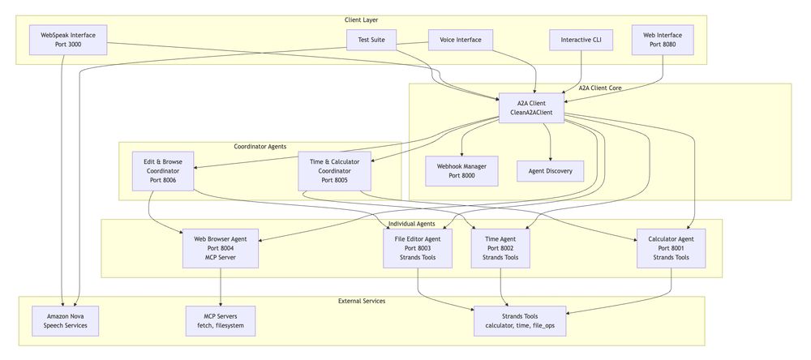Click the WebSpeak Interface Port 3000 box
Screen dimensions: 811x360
pyautogui.click(x=68, y=40)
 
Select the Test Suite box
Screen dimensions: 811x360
pyautogui.click(x=371, y=40)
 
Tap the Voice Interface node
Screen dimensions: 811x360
pyautogui.click(x=461, y=40)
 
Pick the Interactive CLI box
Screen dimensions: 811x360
pyautogui.click(x=581, y=40)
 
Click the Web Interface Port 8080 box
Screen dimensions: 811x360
pyautogui.click(x=663, y=40)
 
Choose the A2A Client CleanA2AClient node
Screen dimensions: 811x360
pyautogui.click(x=531, y=108)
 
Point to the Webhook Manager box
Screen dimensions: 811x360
pyautogui.click(x=461, y=171)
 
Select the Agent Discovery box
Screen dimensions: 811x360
pyautogui.click(x=551, y=171)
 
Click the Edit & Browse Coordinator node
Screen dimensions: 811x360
pyautogui.click(x=163, y=171)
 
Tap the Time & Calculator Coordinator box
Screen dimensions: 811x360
pyautogui.click(x=335, y=171)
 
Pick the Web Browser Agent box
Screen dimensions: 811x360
pyautogui.click(x=221, y=248)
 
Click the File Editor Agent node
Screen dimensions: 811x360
pyautogui.click(x=418, y=248)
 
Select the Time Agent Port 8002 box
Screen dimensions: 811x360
pyautogui.click(x=500, y=248)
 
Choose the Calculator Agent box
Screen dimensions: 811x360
pyautogui.click(x=671, y=248)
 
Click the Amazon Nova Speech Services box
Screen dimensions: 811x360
pyautogui.click(x=65, y=321)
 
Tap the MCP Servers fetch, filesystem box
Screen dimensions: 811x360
pyautogui.click(x=221, y=321)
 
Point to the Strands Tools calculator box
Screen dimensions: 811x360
pyautogui.click(x=520, y=321)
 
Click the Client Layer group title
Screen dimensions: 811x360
pyautogui.click(x=361, y=20)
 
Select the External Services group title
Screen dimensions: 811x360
pyautogui.click(x=362, y=301)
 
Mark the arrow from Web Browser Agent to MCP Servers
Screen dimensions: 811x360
pyautogui.click(x=221, y=287)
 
